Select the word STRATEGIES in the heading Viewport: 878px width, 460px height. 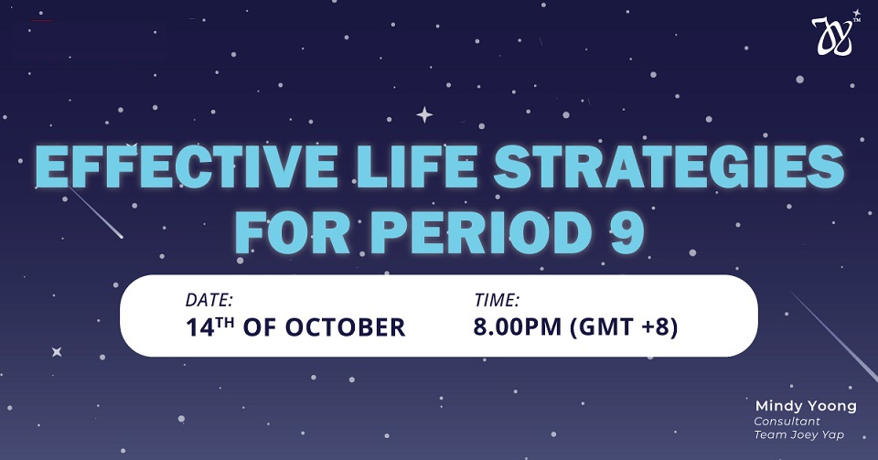(669, 166)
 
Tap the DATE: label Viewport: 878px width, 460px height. (209, 301)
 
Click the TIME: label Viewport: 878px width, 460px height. (497, 301)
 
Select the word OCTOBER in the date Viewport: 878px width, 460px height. (345, 327)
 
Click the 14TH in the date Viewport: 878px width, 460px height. (209, 326)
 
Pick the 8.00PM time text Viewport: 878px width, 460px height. (518, 326)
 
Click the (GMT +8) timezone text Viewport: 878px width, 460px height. (623, 327)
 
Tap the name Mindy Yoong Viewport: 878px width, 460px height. (806, 406)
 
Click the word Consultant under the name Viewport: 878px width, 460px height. (787, 421)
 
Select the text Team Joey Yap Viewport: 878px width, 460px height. (798, 434)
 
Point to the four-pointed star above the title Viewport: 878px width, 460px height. (424, 114)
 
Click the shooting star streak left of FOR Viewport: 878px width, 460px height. (95, 212)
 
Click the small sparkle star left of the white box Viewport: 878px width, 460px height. (57, 352)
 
